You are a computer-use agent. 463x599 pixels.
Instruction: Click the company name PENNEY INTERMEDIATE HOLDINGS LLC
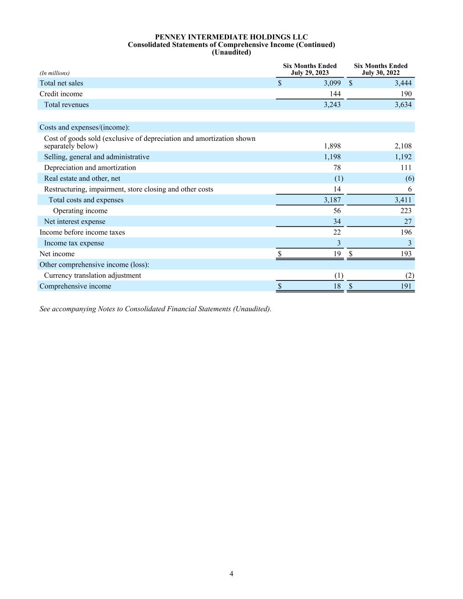click(231, 37)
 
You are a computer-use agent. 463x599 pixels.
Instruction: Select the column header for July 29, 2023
click(310, 69)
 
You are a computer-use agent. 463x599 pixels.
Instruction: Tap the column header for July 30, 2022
click(380, 69)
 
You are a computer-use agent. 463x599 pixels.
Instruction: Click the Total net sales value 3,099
click(332, 83)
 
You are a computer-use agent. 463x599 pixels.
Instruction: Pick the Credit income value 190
click(406, 94)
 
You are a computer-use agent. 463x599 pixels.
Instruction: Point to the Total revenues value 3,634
click(403, 105)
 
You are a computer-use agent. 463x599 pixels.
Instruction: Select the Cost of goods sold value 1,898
click(332, 146)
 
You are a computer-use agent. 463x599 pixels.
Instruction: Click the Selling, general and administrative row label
click(97, 157)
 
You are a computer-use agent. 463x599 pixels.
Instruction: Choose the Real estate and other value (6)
click(410, 179)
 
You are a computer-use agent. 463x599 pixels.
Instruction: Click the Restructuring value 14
click(337, 189)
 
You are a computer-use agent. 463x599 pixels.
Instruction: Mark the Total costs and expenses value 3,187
click(332, 200)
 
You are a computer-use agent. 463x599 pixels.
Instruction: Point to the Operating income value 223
click(406, 211)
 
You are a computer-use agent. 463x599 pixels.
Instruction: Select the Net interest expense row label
click(75, 222)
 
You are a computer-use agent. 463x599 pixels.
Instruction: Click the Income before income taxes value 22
click(337, 232)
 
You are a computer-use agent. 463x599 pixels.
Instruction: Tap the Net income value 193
click(406, 254)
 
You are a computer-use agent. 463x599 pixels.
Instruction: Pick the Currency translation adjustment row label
click(93, 276)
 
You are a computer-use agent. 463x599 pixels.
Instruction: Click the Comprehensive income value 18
click(337, 286)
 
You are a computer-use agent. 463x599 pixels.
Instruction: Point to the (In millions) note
click(54, 73)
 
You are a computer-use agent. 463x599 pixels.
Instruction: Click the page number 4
click(231, 574)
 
